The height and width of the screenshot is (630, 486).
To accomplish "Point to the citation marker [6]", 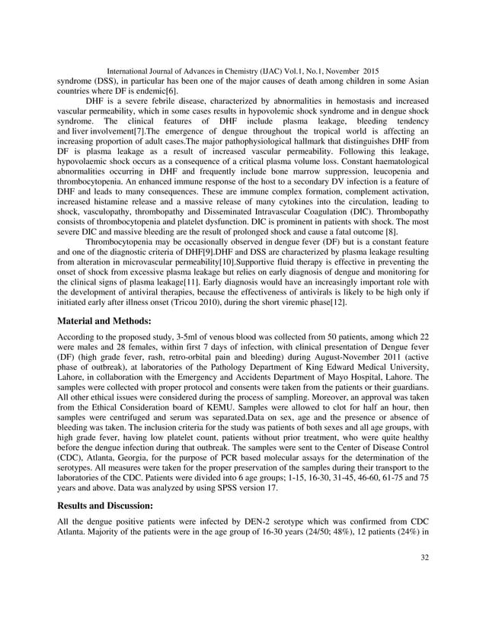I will coord(171,91).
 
